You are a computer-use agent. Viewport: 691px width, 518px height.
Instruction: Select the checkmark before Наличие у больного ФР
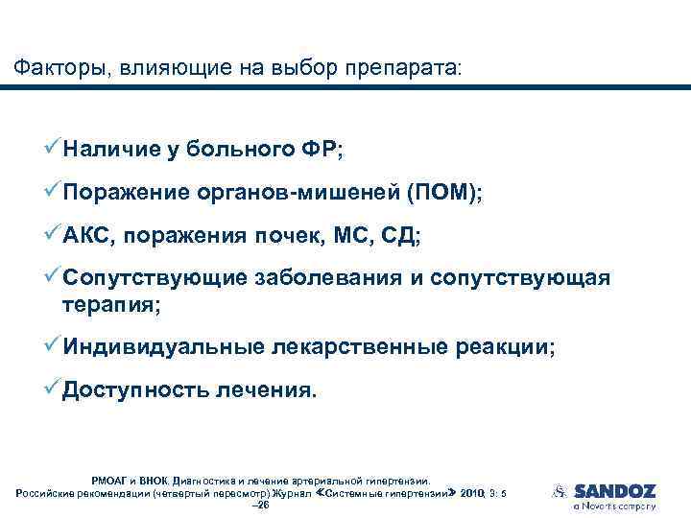pos(54,148)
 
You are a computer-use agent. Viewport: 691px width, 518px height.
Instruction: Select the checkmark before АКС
pos(54,236)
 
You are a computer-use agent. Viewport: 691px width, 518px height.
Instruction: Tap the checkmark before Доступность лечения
pos(54,390)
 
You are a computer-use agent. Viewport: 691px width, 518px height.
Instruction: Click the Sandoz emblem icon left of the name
pos(559,491)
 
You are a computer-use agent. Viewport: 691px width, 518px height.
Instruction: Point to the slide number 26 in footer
pos(258,505)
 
